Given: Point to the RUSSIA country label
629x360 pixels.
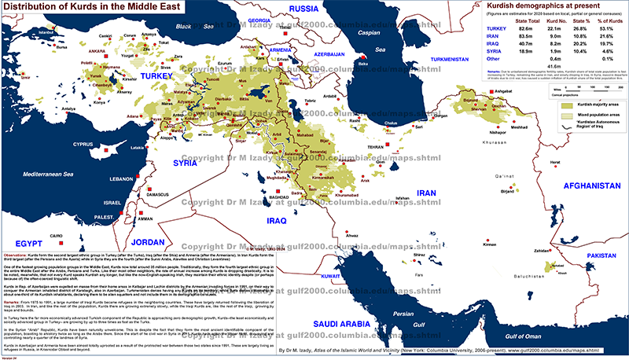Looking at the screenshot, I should (302, 9).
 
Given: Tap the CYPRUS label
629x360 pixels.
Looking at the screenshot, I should (83, 144).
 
